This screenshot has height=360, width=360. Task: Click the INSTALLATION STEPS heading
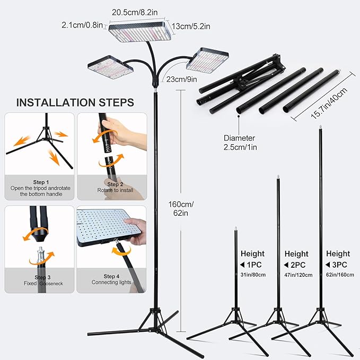[x=75, y=102]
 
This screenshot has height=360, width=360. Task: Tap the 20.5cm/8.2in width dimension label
[x=135, y=12]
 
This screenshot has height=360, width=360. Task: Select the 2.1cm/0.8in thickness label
[x=82, y=25]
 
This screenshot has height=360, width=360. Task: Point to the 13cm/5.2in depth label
[x=191, y=27]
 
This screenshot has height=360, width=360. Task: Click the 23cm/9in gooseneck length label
[x=182, y=79]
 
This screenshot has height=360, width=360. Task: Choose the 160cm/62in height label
[x=181, y=208]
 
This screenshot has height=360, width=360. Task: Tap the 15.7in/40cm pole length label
[x=329, y=103]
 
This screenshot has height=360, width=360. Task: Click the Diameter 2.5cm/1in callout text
[x=240, y=143]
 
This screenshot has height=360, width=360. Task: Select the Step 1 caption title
[x=41, y=182]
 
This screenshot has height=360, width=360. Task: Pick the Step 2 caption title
[x=115, y=184]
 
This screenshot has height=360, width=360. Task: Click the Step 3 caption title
[x=42, y=277]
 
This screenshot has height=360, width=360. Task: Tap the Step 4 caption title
[x=111, y=276]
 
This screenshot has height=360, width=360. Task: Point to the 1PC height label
[x=254, y=265]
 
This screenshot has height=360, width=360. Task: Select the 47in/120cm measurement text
[x=298, y=275]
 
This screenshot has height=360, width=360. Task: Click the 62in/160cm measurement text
[x=340, y=275]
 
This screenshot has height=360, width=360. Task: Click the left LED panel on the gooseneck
[x=110, y=67]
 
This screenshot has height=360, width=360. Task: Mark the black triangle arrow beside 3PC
[x=328, y=265]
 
